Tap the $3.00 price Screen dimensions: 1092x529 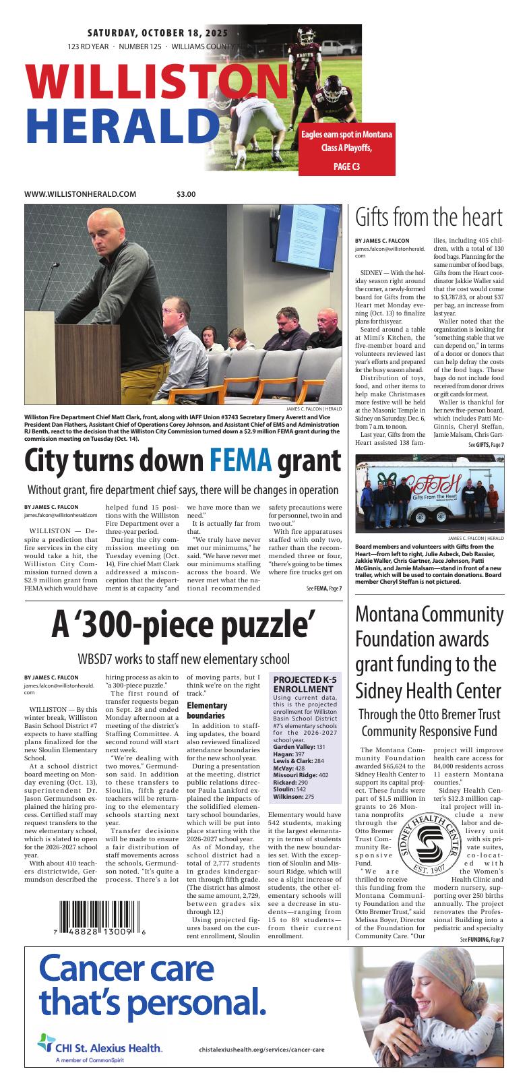(186, 194)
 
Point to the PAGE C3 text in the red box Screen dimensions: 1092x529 (347, 166)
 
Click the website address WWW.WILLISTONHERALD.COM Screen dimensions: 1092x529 (80, 194)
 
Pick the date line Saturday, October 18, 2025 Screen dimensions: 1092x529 (158, 33)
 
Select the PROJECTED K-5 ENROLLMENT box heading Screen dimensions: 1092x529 (303, 684)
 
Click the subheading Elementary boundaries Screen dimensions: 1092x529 (207, 710)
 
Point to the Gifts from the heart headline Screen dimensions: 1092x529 (429, 218)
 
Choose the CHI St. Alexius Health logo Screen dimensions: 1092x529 (99, 1047)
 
